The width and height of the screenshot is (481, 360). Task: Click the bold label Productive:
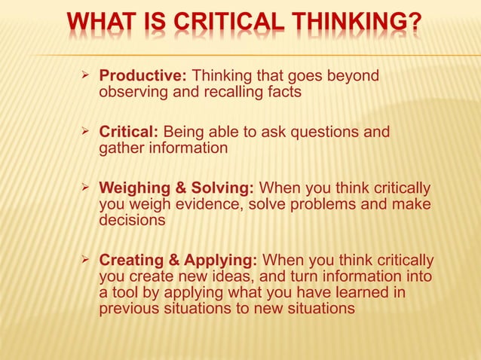[x=144, y=77]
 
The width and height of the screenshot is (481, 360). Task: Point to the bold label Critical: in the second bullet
[x=129, y=133]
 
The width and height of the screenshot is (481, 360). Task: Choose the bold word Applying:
[x=225, y=261]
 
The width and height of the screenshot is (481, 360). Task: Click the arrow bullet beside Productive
[x=85, y=76]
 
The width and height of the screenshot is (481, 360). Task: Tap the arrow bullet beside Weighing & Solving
[x=85, y=188]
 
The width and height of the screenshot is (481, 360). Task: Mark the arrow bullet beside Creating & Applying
[x=85, y=260]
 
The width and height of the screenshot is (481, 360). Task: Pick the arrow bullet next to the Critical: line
[x=85, y=133]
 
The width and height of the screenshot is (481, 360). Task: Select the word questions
[x=323, y=133]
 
